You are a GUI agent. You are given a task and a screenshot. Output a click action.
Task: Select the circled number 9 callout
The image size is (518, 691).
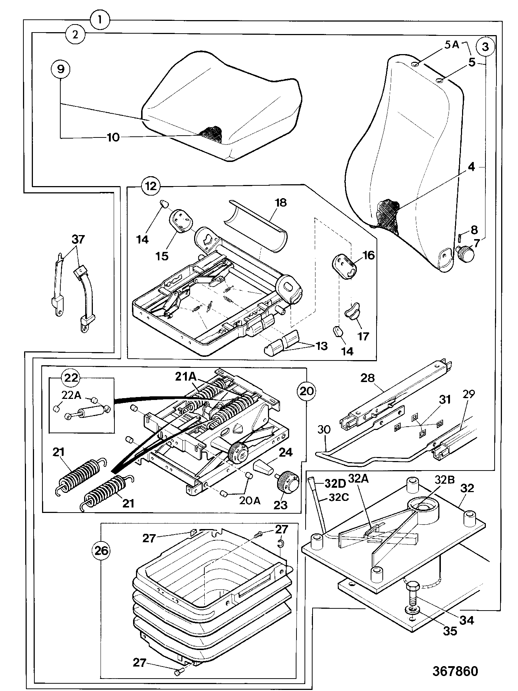point(61,68)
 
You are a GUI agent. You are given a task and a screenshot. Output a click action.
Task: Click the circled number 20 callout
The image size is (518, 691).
point(306,391)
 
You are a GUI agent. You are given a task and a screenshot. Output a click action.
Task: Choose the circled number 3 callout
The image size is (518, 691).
point(485,47)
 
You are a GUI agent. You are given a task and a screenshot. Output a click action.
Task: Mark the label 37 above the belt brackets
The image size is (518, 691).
point(78,240)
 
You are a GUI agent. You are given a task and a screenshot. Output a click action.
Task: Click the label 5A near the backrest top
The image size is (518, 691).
point(451,45)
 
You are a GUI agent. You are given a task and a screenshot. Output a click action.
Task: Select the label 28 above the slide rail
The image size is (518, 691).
point(368,378)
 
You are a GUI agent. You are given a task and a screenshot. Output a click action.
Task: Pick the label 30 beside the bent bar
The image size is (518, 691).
point(324,429)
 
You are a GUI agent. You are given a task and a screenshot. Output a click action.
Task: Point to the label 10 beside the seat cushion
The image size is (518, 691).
point(113,137)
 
